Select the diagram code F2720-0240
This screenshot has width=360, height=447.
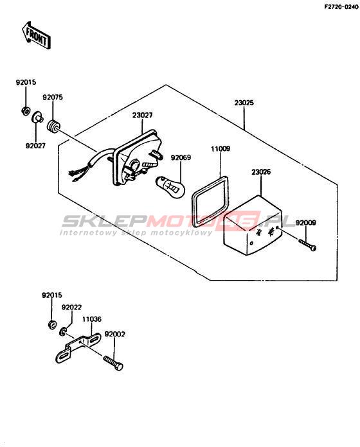(x=341, y=7)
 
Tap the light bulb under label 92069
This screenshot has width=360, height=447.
(x=170, y=186)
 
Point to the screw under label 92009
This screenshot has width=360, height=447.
(x=307, y=245)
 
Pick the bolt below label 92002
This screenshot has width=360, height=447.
(x=114, y=363)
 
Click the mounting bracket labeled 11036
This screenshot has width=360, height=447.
(x=77, y=348)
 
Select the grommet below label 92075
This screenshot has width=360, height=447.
(x=53, y=127)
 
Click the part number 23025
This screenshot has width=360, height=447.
(x=244, y=103)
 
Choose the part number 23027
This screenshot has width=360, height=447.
(x=142, y=115)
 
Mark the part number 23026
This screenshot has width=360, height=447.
(x=261, y=172)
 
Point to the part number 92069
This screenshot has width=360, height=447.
(x=181, y=157)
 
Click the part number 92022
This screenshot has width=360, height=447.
(x=71, y=307)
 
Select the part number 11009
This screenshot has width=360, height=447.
(x=221, y=149)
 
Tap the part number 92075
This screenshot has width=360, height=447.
(x=53, y=97)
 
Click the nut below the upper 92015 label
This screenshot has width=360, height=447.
(x=26, y=110)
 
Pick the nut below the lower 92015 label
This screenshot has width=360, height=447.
(x=51, y=324)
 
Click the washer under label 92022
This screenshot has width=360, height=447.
(x=63, y=331)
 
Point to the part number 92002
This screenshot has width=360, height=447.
(x=114, y=334)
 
